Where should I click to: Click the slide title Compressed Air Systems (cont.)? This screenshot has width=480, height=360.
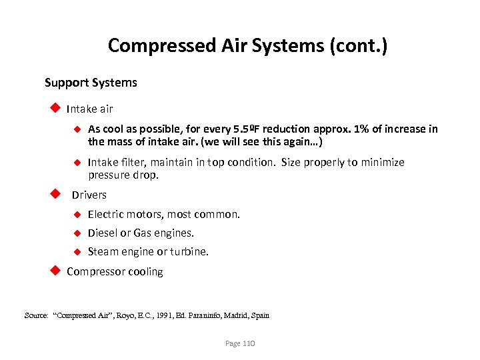click(247, 45)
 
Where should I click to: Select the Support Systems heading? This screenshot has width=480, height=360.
click(91, 83)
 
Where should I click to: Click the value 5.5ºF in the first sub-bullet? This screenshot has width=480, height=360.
click(248, 129)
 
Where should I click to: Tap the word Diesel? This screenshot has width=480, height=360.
click(102, 233)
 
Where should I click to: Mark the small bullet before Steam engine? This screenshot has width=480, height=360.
click(77, 251)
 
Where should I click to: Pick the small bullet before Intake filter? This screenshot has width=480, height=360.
click(77, 162)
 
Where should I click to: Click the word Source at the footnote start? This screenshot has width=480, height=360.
click(36, 315)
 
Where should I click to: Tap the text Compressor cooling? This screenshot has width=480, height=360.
click(115, 271)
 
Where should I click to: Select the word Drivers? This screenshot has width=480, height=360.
click(89, 195)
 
